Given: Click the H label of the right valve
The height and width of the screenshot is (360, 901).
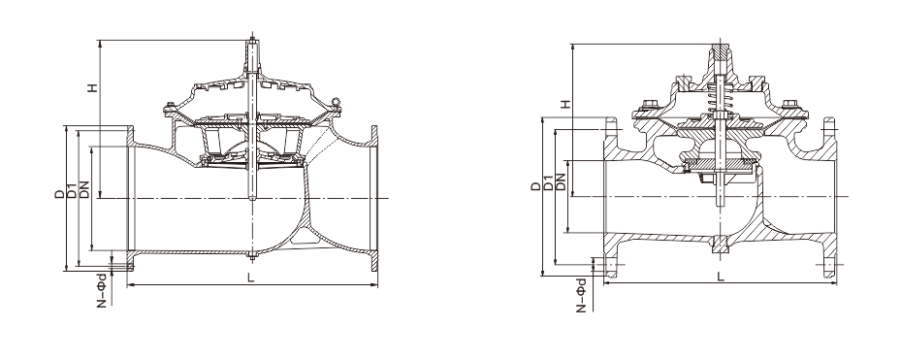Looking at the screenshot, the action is point(566,104).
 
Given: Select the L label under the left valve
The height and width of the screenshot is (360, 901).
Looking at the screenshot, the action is point(250,278).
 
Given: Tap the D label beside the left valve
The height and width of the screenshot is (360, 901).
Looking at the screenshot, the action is point(60,194).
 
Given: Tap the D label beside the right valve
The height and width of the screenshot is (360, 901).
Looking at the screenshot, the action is point(535,186).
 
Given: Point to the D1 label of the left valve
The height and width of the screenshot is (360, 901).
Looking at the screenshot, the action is point(72,191).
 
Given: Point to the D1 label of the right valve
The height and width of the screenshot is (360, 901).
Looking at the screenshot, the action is point(548,182).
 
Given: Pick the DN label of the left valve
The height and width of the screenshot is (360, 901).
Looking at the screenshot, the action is point(84,190).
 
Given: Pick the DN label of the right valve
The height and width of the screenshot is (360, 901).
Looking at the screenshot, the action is point(561,181).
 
